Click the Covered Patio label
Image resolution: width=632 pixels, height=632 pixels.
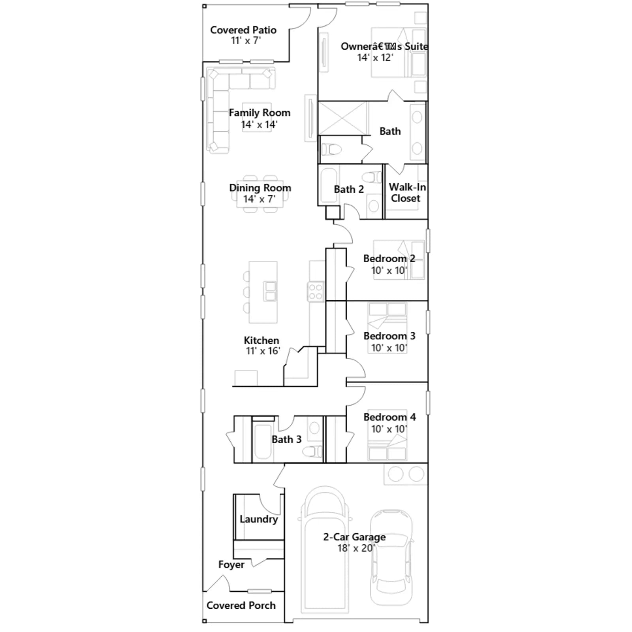[243, 30]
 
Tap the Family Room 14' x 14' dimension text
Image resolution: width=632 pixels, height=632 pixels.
[259, 124]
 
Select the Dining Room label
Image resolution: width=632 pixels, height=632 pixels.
[260, 188]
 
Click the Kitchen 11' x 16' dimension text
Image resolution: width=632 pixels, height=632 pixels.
[263, 351]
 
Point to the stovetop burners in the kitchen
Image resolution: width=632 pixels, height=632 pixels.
[316, 292]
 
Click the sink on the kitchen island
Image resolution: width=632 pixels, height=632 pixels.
[270, 292]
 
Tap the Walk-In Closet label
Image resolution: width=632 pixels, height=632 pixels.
[407, 192]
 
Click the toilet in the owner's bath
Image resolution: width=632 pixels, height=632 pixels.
[331, 149]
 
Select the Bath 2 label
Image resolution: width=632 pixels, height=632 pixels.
[349, 189]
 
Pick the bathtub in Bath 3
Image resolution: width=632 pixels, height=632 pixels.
[262, 442]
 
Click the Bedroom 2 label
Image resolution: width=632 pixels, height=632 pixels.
[389, 259]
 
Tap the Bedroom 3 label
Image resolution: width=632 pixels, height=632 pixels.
[389, 336]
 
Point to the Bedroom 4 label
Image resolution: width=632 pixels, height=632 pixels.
[389, 417]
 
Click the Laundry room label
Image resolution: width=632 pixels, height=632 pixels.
[259, 519]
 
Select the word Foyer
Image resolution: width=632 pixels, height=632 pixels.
[231, 565]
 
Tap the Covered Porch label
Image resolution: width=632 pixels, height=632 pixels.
[241, 606]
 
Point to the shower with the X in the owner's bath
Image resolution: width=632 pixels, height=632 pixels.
[343, 118]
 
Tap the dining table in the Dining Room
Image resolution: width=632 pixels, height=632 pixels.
[260, 194]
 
